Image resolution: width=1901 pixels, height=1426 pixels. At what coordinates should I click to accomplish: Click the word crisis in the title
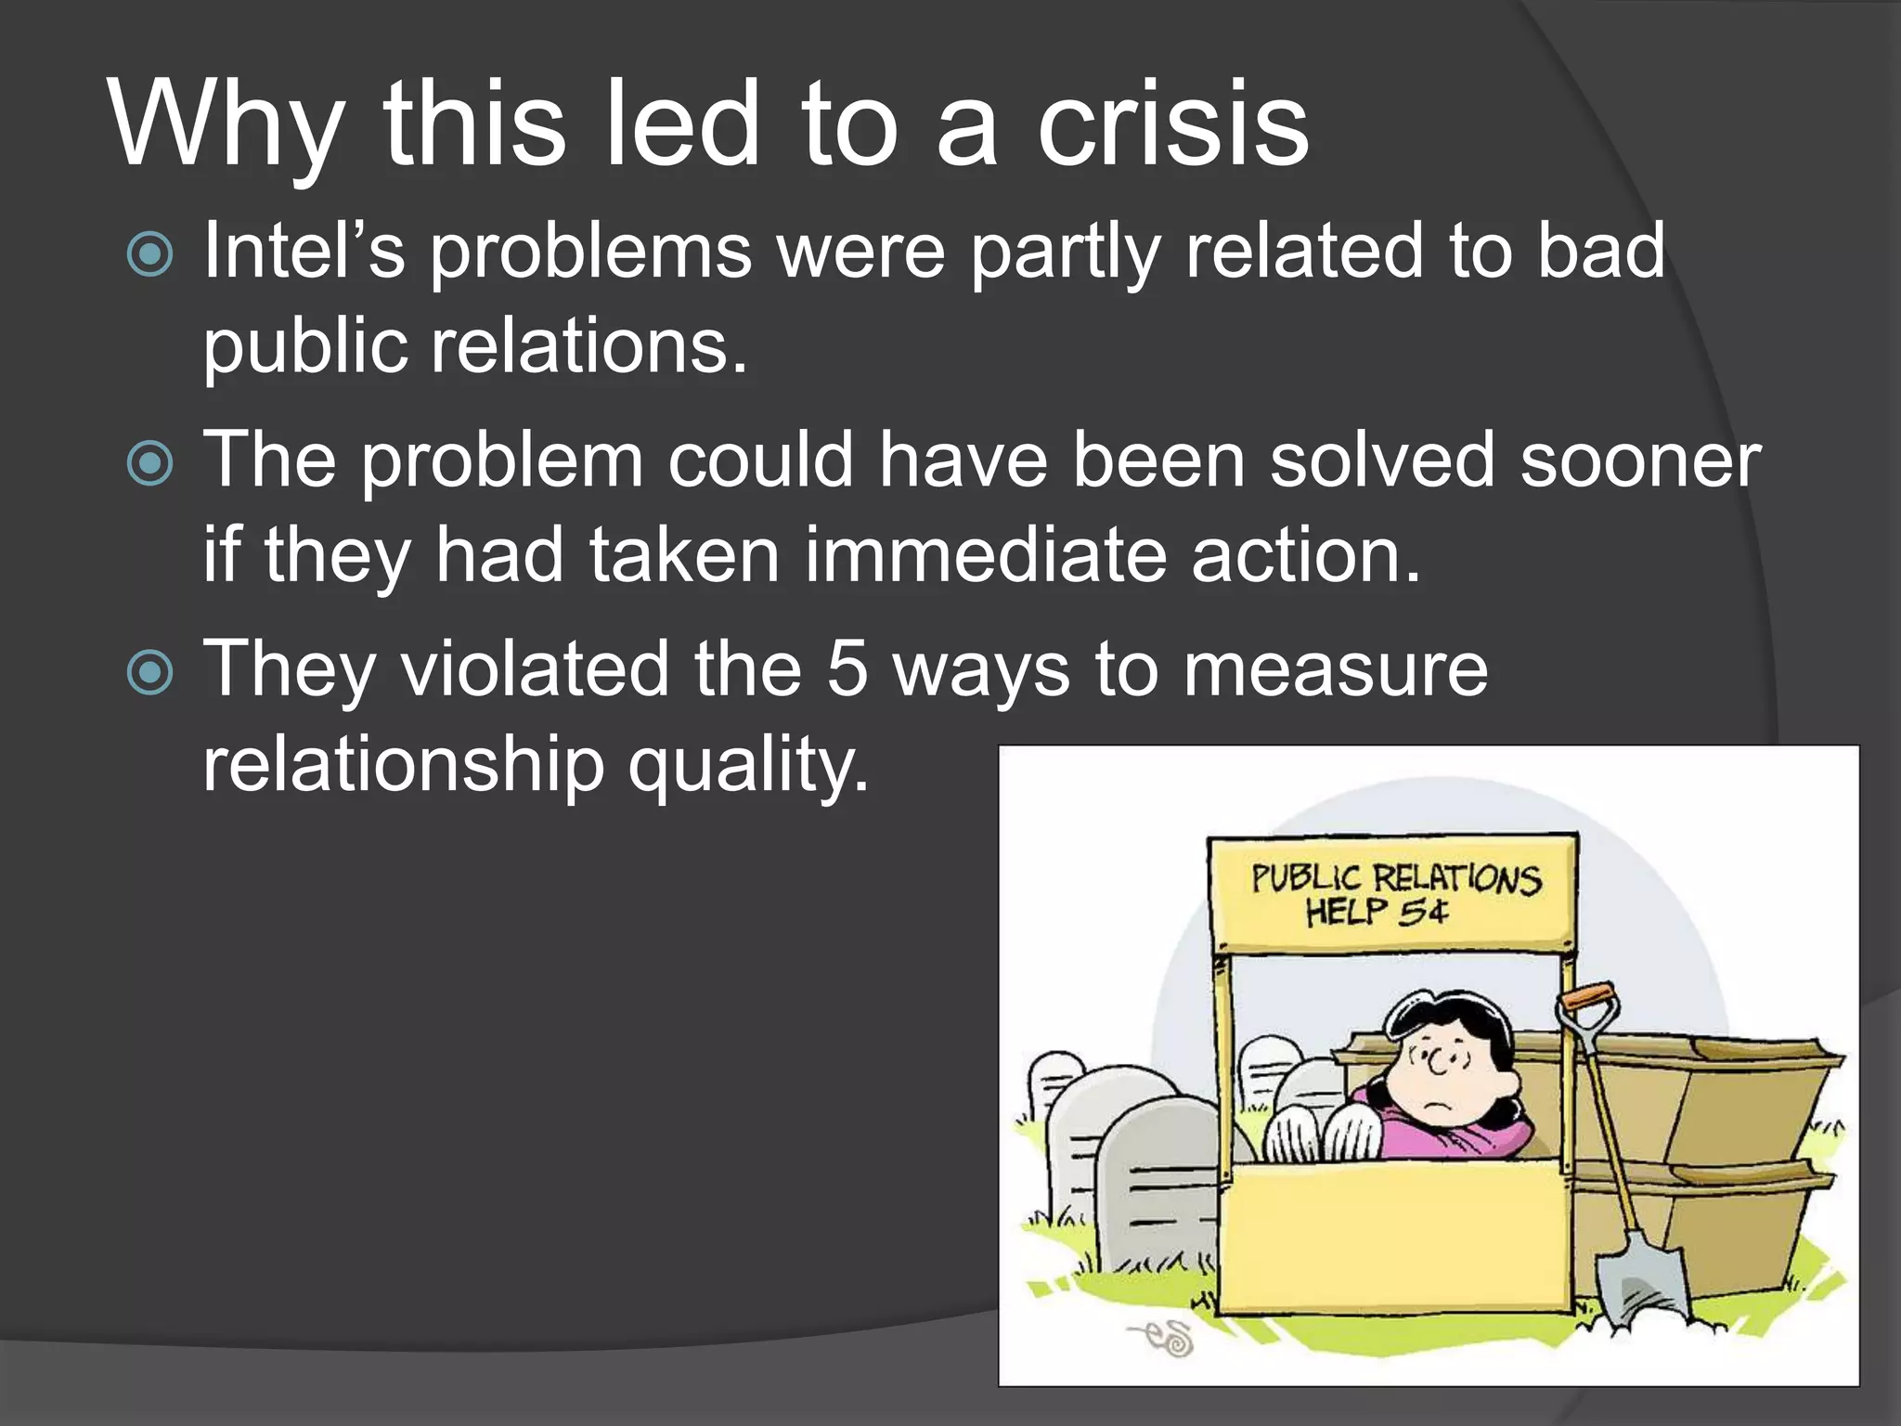(x=1172, y=124)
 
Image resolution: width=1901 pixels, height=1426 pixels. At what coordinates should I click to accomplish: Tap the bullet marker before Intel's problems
(x=149, y=254)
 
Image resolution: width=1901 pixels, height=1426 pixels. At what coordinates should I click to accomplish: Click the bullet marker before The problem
(x=149, y=463)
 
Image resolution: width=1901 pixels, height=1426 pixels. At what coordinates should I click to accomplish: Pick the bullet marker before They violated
(x=149, y=672)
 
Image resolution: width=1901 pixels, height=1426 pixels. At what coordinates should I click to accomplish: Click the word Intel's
(x=304, y=251)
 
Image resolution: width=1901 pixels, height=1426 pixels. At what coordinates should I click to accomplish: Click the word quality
(x=749, y=766)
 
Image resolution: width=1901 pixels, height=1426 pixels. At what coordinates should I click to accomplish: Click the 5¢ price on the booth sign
(x=1423, y=912)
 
